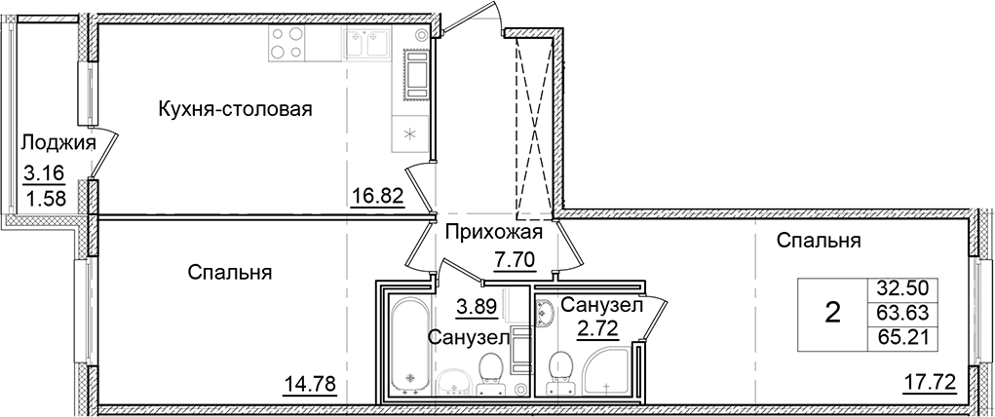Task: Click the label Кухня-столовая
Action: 235,109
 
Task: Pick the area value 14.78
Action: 305,382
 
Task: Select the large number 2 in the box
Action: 832,314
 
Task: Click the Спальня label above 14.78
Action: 229,273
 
